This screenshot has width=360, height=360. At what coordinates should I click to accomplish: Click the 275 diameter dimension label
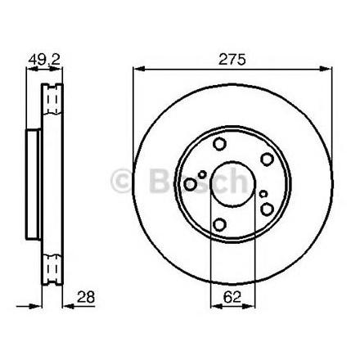[x=232, y=59]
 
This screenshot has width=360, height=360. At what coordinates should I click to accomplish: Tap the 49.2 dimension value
[x=44, y=59]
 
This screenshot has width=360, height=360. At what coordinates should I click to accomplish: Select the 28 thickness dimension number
[x=86, y=297]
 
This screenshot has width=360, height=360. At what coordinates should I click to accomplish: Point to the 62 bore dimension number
[x=232, y=297]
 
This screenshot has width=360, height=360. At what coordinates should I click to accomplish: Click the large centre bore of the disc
[x=232, y=184]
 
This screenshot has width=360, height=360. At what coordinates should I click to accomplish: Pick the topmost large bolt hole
[x=219, y=144]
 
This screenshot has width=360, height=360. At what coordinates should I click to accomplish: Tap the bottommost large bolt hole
[x=219, y=224]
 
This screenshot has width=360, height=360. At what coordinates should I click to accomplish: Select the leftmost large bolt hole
[x=190, y=184]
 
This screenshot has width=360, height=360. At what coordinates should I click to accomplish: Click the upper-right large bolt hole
[x=267, y=160]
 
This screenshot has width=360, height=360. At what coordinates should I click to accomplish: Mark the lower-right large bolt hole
[x=267, y=209]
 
